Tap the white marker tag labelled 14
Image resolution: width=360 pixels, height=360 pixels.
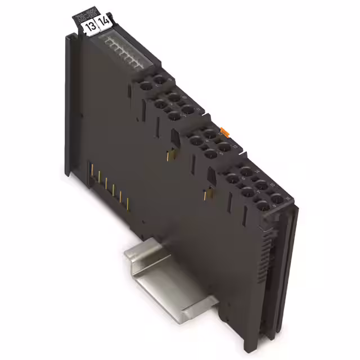[103, 24]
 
